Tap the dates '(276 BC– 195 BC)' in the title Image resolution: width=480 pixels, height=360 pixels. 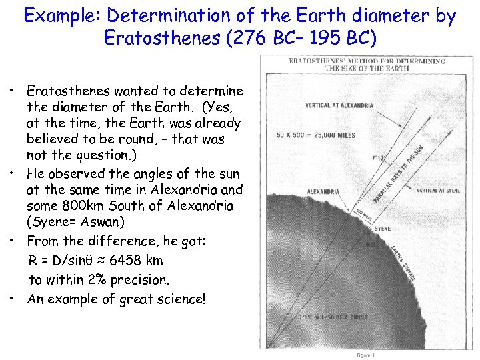pyautogui.click(x=301, y=38)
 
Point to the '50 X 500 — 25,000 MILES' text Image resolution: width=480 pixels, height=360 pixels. pyautogui.click(x=316, y=135)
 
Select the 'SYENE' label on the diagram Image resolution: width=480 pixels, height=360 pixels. pyautogui.click(x=383, y=229)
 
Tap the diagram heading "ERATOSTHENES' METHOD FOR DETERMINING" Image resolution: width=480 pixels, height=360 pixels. pyautogui.click(x=367, y=61)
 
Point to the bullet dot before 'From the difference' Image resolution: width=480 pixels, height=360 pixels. pyautogui.click(x=13, y=239)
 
